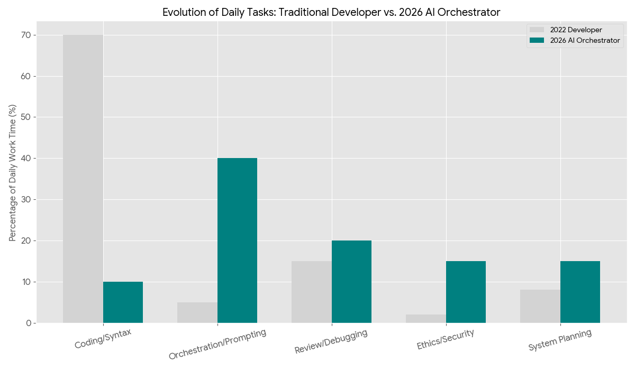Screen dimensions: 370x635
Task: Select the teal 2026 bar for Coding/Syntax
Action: click(123, 302)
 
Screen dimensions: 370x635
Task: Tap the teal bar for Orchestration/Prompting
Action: click(237, 240)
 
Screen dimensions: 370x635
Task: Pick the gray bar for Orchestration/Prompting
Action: click(197, 312)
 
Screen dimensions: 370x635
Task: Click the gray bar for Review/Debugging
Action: click(312, 292)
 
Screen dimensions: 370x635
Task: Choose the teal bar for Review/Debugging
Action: click(351, 282)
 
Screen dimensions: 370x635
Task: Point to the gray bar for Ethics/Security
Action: click(426, 319)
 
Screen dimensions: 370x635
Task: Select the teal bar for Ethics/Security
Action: click(466, 292)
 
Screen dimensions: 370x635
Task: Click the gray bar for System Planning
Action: click(540, 306)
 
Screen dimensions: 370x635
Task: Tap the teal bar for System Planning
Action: click(580, 292)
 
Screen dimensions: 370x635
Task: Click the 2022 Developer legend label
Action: click(576, 30)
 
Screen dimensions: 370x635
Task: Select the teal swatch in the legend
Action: click(537, 41)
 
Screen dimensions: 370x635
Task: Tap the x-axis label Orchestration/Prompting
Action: click(217, 344)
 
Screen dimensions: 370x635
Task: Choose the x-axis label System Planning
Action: click(559, 340)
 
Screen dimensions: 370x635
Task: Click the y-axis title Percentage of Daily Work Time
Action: click(13, 173)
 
